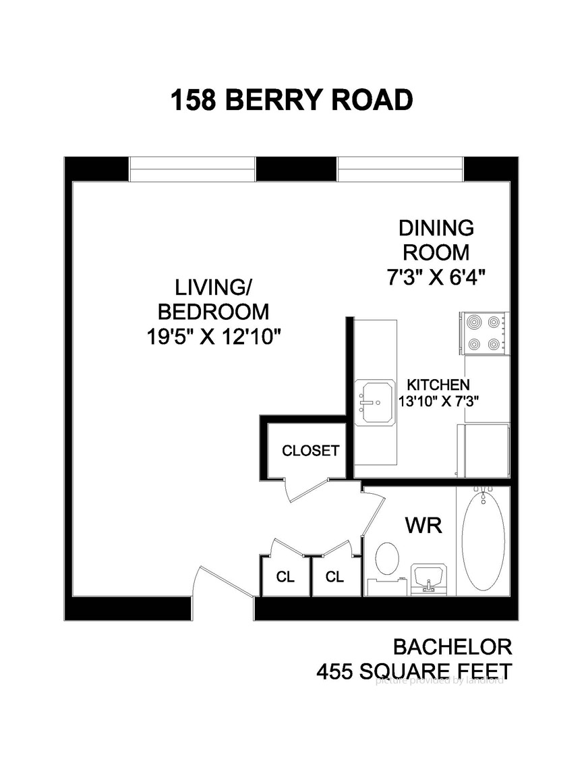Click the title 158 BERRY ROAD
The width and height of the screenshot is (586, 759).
(x=291, y=101)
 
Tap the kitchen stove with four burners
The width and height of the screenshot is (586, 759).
(x=484, y=333)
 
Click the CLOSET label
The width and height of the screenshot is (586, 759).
(x=310, y=451)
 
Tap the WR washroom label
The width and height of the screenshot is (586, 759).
(x=423, y=525)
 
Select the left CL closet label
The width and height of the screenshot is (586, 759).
(x=285, y=578)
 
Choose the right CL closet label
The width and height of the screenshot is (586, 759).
(x=335, y=578)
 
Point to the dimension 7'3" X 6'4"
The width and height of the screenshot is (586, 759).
(x=436, y=277)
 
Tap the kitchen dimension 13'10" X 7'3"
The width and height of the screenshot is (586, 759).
(x=438, y=401)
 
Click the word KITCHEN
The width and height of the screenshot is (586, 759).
(x=438, y=385)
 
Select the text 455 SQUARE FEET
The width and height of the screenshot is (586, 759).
(x=414, y=672)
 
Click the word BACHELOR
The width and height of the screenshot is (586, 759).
(x=452, y=648)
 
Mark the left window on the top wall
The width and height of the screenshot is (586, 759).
(x=192, y=169)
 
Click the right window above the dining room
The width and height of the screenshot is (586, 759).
(x=401, y=169)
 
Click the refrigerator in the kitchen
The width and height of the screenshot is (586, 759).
(x=485, y=451)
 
